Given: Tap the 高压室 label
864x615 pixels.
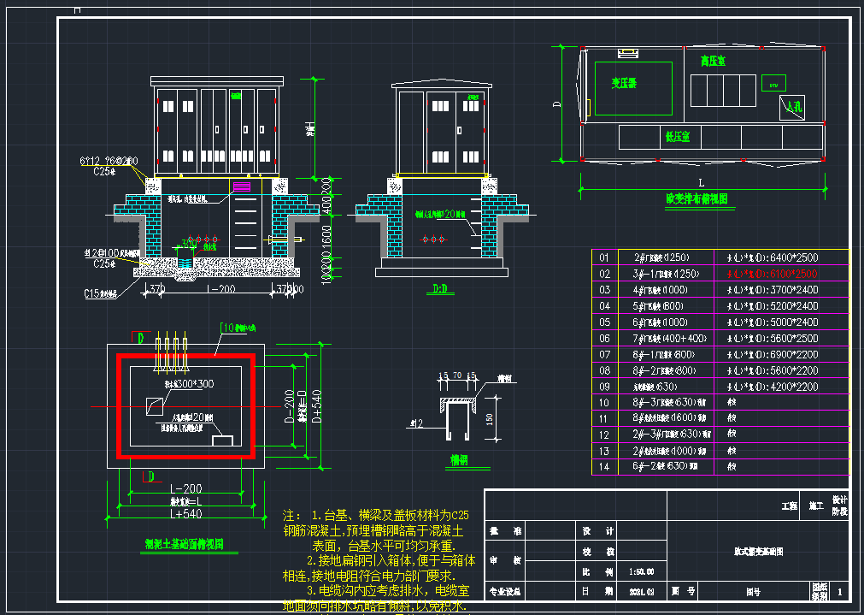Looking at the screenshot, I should pos(712,62).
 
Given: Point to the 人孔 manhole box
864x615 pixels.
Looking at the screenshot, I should pos(793,107).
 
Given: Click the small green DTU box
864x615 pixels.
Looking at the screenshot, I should pos(774,85).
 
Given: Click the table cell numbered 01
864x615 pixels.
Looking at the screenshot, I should pos(605,257).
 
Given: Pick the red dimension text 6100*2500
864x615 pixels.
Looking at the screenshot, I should pos(772,274).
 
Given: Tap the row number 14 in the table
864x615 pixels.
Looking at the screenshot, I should pos(605,466).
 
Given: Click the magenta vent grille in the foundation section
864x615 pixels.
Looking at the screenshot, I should pos(242,186).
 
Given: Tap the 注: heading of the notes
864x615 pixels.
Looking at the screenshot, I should pos(292,516).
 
